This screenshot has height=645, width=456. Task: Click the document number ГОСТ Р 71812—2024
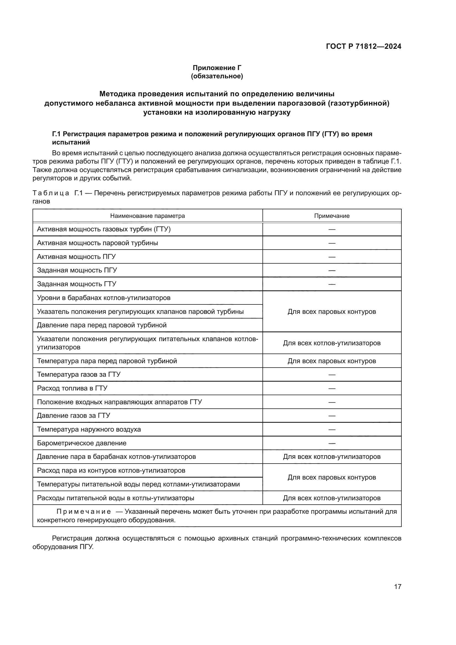tap(363, 46)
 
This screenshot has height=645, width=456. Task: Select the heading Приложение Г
tap(217, 68)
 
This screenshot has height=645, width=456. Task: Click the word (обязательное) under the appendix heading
tap(217, 76)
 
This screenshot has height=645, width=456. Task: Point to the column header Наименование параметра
tap(147, 216)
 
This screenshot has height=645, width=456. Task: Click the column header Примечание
tap(332, 216)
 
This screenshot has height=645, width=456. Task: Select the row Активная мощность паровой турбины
tap(97, 243)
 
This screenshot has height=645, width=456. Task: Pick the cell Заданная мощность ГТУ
tap(77, 284)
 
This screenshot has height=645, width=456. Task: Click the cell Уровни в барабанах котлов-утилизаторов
tap(104, 298)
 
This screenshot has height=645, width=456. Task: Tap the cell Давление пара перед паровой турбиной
tap(102, 325)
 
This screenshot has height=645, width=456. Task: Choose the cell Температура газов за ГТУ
tap(79, 374)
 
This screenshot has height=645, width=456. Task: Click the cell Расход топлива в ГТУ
tap(72, 388)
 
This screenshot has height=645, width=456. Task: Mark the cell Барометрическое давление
tap(82, 443)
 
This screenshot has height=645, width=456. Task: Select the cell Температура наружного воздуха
tap(89, 429)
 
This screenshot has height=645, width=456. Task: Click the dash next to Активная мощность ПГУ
tap(332, 257)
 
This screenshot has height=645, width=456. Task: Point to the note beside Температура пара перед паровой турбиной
tap(332, 361)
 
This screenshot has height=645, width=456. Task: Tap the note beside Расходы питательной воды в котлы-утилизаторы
tap(332, 498)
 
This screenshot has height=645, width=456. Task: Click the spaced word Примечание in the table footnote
tap(84, 512)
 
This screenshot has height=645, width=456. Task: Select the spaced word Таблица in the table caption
tap(51, 193)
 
